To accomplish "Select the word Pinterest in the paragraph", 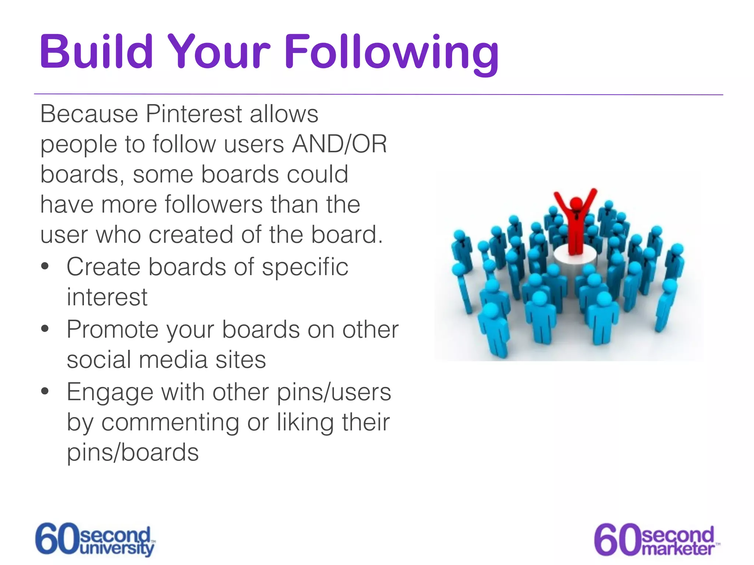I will point(194,114).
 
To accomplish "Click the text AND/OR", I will point(339,144).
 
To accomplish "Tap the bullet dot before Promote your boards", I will point(45,329).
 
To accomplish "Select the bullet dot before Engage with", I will point(45,391).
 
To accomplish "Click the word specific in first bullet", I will point(305,267).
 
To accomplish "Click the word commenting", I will point(170,422).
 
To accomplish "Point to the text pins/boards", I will point(133,452).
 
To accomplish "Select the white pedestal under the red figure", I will point(575,258).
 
